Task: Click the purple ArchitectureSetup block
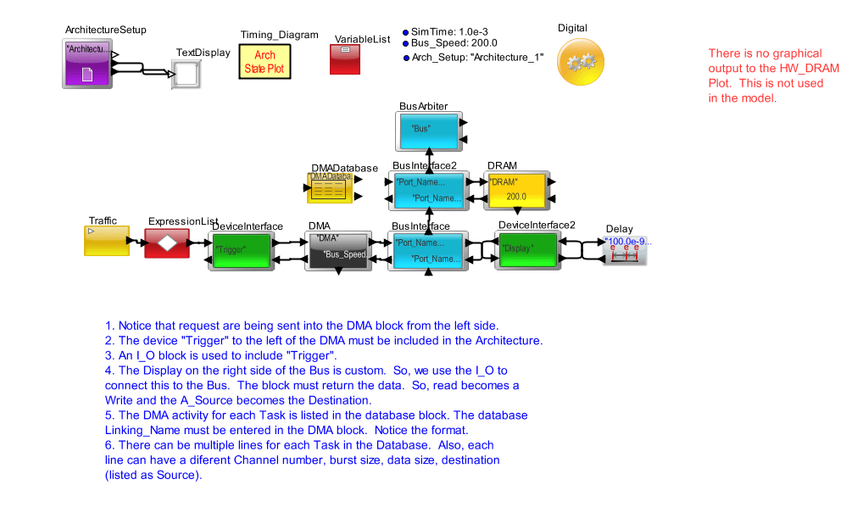(87, 63)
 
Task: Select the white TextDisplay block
(187, 74)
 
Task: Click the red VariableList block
(346, 59)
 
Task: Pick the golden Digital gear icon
(581, 61)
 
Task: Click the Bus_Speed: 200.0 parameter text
(454, 43)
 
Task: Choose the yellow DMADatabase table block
(329, 188)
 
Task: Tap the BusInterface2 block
(428, 191)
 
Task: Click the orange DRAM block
(514, 191)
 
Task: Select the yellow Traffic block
(107, 241)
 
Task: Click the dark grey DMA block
(337, 249)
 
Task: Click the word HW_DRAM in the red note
(796, 68)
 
